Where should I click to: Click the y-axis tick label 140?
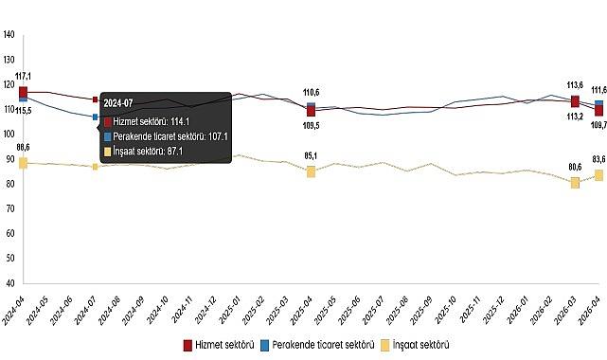[x=9, y=35]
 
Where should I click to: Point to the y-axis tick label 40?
[x=9, y=282]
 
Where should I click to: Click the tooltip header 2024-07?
[x=119, y=102]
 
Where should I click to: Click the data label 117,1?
[x=24, y=76]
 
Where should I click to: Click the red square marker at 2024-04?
[x=23, y=91]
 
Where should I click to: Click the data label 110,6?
[x=311, y=92]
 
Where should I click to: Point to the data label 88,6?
[x=24, y=147]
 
